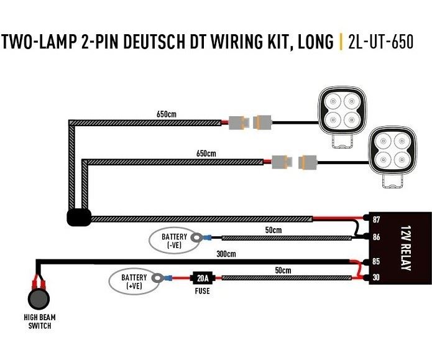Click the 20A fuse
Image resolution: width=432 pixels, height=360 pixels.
(203, 279)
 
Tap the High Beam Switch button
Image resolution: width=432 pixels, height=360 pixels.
(39, 299)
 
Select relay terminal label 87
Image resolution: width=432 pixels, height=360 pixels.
(376, 219)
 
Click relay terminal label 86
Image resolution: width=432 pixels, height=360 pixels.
(376, 237)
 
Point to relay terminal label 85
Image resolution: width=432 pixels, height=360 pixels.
(376, 261)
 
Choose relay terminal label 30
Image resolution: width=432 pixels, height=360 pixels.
(376, 277)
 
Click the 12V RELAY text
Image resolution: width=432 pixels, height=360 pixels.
(406, 248)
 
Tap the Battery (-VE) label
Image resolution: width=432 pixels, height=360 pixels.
(174, 241)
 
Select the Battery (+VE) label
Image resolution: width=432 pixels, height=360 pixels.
(134, 282)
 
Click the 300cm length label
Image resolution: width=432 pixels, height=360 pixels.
(226, 254)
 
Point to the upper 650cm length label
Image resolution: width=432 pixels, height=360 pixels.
(167, 114)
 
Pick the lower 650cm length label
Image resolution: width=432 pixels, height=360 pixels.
(206, 153)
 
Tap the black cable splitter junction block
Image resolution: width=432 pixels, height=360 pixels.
(79, 218)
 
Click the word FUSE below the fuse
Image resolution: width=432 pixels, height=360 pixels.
(202, 291)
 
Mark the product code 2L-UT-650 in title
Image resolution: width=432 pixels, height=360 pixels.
(381, 42)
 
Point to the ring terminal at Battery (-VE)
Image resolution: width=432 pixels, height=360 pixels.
(196, 237)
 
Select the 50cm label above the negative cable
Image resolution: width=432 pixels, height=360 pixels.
(273, 230)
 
